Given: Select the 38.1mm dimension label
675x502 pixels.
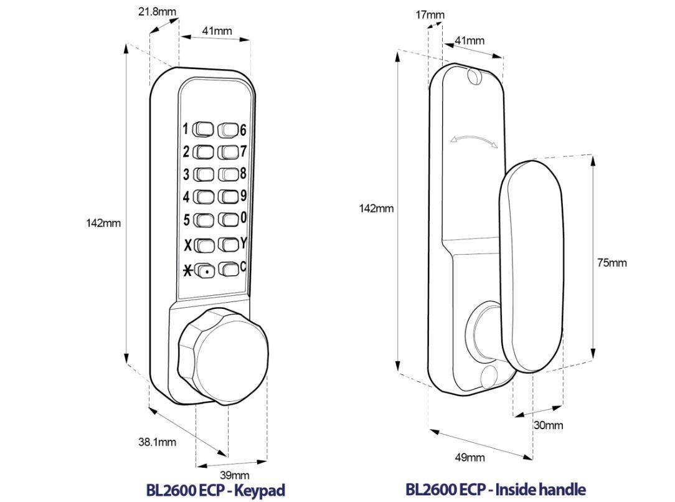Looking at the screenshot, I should click(x=157, y=442).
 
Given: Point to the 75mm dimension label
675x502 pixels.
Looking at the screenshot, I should click(x=611, y=263).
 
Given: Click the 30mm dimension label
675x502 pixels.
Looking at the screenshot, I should click(x=548, y=425).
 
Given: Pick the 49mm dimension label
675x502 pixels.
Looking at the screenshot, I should click(x=470, y=458).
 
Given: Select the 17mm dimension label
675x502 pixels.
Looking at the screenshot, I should click(x=430, y=15).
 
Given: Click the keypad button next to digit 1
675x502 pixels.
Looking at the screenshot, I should click(x=204, y=130).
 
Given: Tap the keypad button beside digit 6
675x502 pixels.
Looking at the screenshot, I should click(x=228, y=130).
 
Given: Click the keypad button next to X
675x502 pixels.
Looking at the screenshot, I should click(x=204, y=244).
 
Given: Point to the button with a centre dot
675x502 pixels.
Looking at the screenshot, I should click(x=205, y=271).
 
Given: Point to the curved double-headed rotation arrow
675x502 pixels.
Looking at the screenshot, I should click(x=474, y=141).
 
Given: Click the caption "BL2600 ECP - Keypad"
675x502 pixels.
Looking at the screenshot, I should click(x=215, y=490).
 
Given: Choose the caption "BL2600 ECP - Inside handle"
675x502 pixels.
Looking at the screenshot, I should click(x=496, y=490).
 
